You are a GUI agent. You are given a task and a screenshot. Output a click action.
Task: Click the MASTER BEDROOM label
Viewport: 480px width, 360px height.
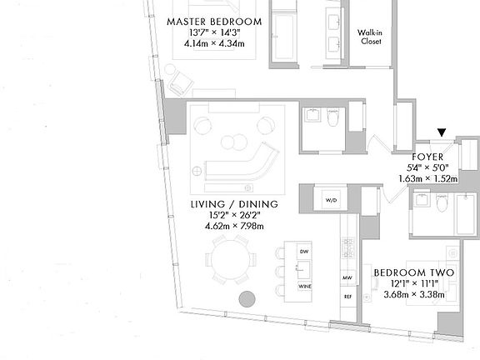coord(213,21)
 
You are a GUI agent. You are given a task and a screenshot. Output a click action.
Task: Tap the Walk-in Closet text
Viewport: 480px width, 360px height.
coord(370,37)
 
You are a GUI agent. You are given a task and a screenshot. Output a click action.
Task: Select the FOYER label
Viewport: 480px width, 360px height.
coord(428,156)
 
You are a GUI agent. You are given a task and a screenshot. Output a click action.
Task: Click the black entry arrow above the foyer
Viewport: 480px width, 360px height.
coord(442,130)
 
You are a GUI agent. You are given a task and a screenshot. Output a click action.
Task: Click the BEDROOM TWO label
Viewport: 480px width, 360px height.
coord(413,272)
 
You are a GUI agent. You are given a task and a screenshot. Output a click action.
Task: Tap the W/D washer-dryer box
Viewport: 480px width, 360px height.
coord(330,200)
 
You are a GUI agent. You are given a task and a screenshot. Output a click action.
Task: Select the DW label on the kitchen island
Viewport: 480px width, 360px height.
coord(304,251)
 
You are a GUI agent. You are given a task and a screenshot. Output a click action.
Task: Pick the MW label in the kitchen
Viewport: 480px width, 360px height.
coord(347,277)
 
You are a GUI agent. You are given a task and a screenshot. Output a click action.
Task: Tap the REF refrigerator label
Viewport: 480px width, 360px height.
coord(347,297)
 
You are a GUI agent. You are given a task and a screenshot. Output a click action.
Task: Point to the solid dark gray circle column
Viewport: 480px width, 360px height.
coord(247,299)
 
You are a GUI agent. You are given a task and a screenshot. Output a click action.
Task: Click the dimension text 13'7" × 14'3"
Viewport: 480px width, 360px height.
coord(213,32)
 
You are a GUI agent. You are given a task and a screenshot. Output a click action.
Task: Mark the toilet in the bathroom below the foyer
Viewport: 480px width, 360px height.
coord(442,203)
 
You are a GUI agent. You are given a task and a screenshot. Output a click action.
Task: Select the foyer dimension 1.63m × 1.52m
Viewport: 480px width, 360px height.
coord(428,177)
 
